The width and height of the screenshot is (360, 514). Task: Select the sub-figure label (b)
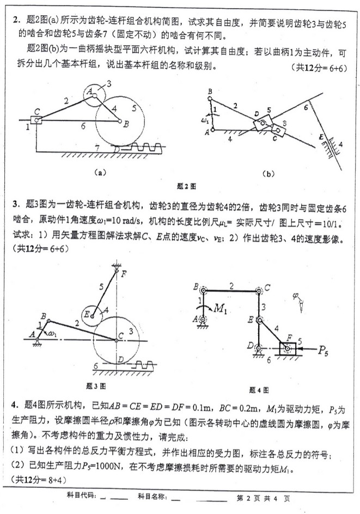coord(269,174)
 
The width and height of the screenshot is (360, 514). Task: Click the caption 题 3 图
coord(96,386)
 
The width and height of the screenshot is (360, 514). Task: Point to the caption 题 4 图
coord(259,390)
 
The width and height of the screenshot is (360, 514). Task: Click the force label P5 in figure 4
coord(322,351)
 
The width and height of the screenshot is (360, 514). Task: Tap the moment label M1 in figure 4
coord(220,309)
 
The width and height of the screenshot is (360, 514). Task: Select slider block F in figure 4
coord(288,349)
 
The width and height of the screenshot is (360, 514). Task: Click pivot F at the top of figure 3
coord(116,270)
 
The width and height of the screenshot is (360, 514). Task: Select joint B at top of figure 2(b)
coord(210,97)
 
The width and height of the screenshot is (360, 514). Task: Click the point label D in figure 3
coord(121,360)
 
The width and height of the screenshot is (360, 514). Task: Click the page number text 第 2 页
coord(248,499)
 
